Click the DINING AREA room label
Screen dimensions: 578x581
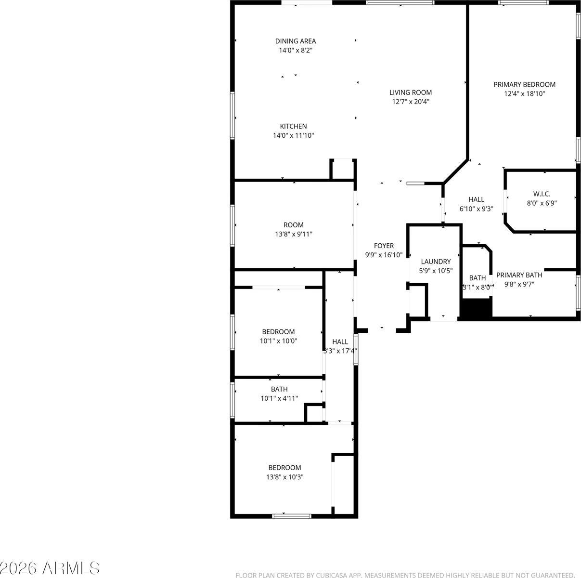296,41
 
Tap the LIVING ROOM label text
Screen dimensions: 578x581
410,92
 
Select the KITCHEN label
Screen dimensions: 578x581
294,127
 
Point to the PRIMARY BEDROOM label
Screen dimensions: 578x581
524,85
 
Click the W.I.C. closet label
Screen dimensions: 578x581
542,194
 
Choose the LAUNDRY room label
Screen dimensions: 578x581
436,262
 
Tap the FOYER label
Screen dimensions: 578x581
384,246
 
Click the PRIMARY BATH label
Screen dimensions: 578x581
519,275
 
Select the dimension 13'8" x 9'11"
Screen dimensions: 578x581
294,234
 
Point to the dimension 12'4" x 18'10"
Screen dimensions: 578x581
524,94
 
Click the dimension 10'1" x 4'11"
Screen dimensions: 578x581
279,398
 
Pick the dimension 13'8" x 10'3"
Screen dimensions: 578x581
284,477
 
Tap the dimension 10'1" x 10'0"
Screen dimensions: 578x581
278,341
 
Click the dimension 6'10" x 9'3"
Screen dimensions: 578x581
477,209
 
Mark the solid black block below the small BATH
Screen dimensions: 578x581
476,308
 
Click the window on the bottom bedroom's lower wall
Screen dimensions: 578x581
292,516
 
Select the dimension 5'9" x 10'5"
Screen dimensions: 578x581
436,271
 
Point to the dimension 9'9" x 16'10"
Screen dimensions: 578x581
384,255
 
